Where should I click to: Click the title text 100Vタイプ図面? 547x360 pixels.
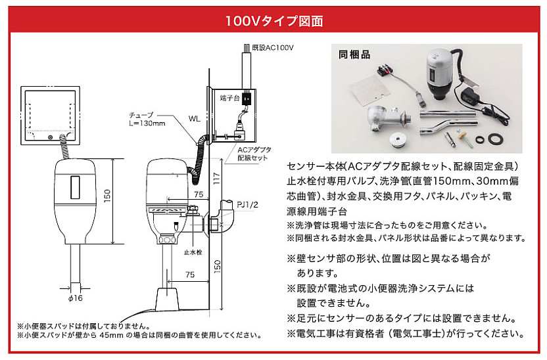coord(273,20)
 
